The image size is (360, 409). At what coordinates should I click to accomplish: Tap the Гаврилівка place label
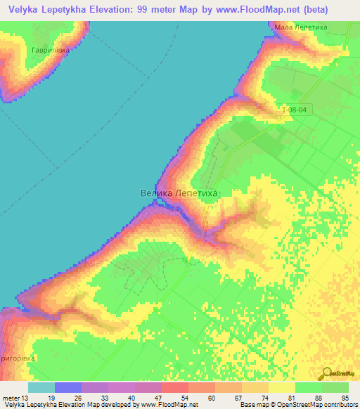tap(51, 50)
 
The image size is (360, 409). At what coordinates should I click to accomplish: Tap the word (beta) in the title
tap(313, 11)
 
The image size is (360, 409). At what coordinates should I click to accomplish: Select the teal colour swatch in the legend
tap(41, 387)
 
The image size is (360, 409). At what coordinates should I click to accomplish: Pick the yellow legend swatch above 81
tap(282, 387)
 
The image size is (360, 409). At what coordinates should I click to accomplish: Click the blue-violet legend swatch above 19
tap(68, 387)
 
